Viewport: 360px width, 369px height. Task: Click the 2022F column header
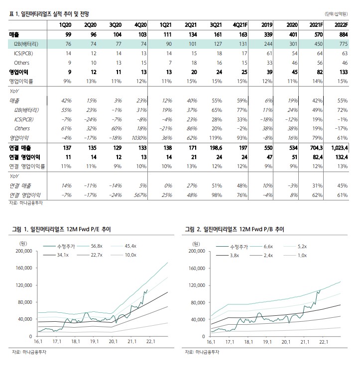click(340, 24)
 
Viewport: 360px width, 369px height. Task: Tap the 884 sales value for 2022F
click(341, 34)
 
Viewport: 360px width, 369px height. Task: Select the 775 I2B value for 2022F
click(341, 44)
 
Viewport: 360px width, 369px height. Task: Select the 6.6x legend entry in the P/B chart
click(267, 246)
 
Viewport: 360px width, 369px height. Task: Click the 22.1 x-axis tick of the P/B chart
click(324, 342)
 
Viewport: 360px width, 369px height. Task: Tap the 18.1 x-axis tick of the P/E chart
click(76, 342)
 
